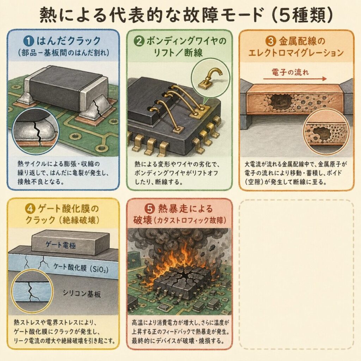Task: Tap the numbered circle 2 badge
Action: (139, 41)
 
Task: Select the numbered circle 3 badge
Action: (271, 41)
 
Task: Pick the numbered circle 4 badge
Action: (30, 209)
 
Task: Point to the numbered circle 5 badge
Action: (149, 209)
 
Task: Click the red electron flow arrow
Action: (295, 79)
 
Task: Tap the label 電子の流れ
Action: (290, 72)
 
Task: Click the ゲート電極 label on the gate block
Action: (61, 245)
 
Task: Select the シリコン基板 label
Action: (82, 294)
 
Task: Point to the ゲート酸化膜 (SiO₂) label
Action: (81, 268)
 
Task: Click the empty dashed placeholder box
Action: (296, 274)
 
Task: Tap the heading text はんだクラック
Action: (69, 41)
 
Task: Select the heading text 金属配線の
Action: (302, 41)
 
